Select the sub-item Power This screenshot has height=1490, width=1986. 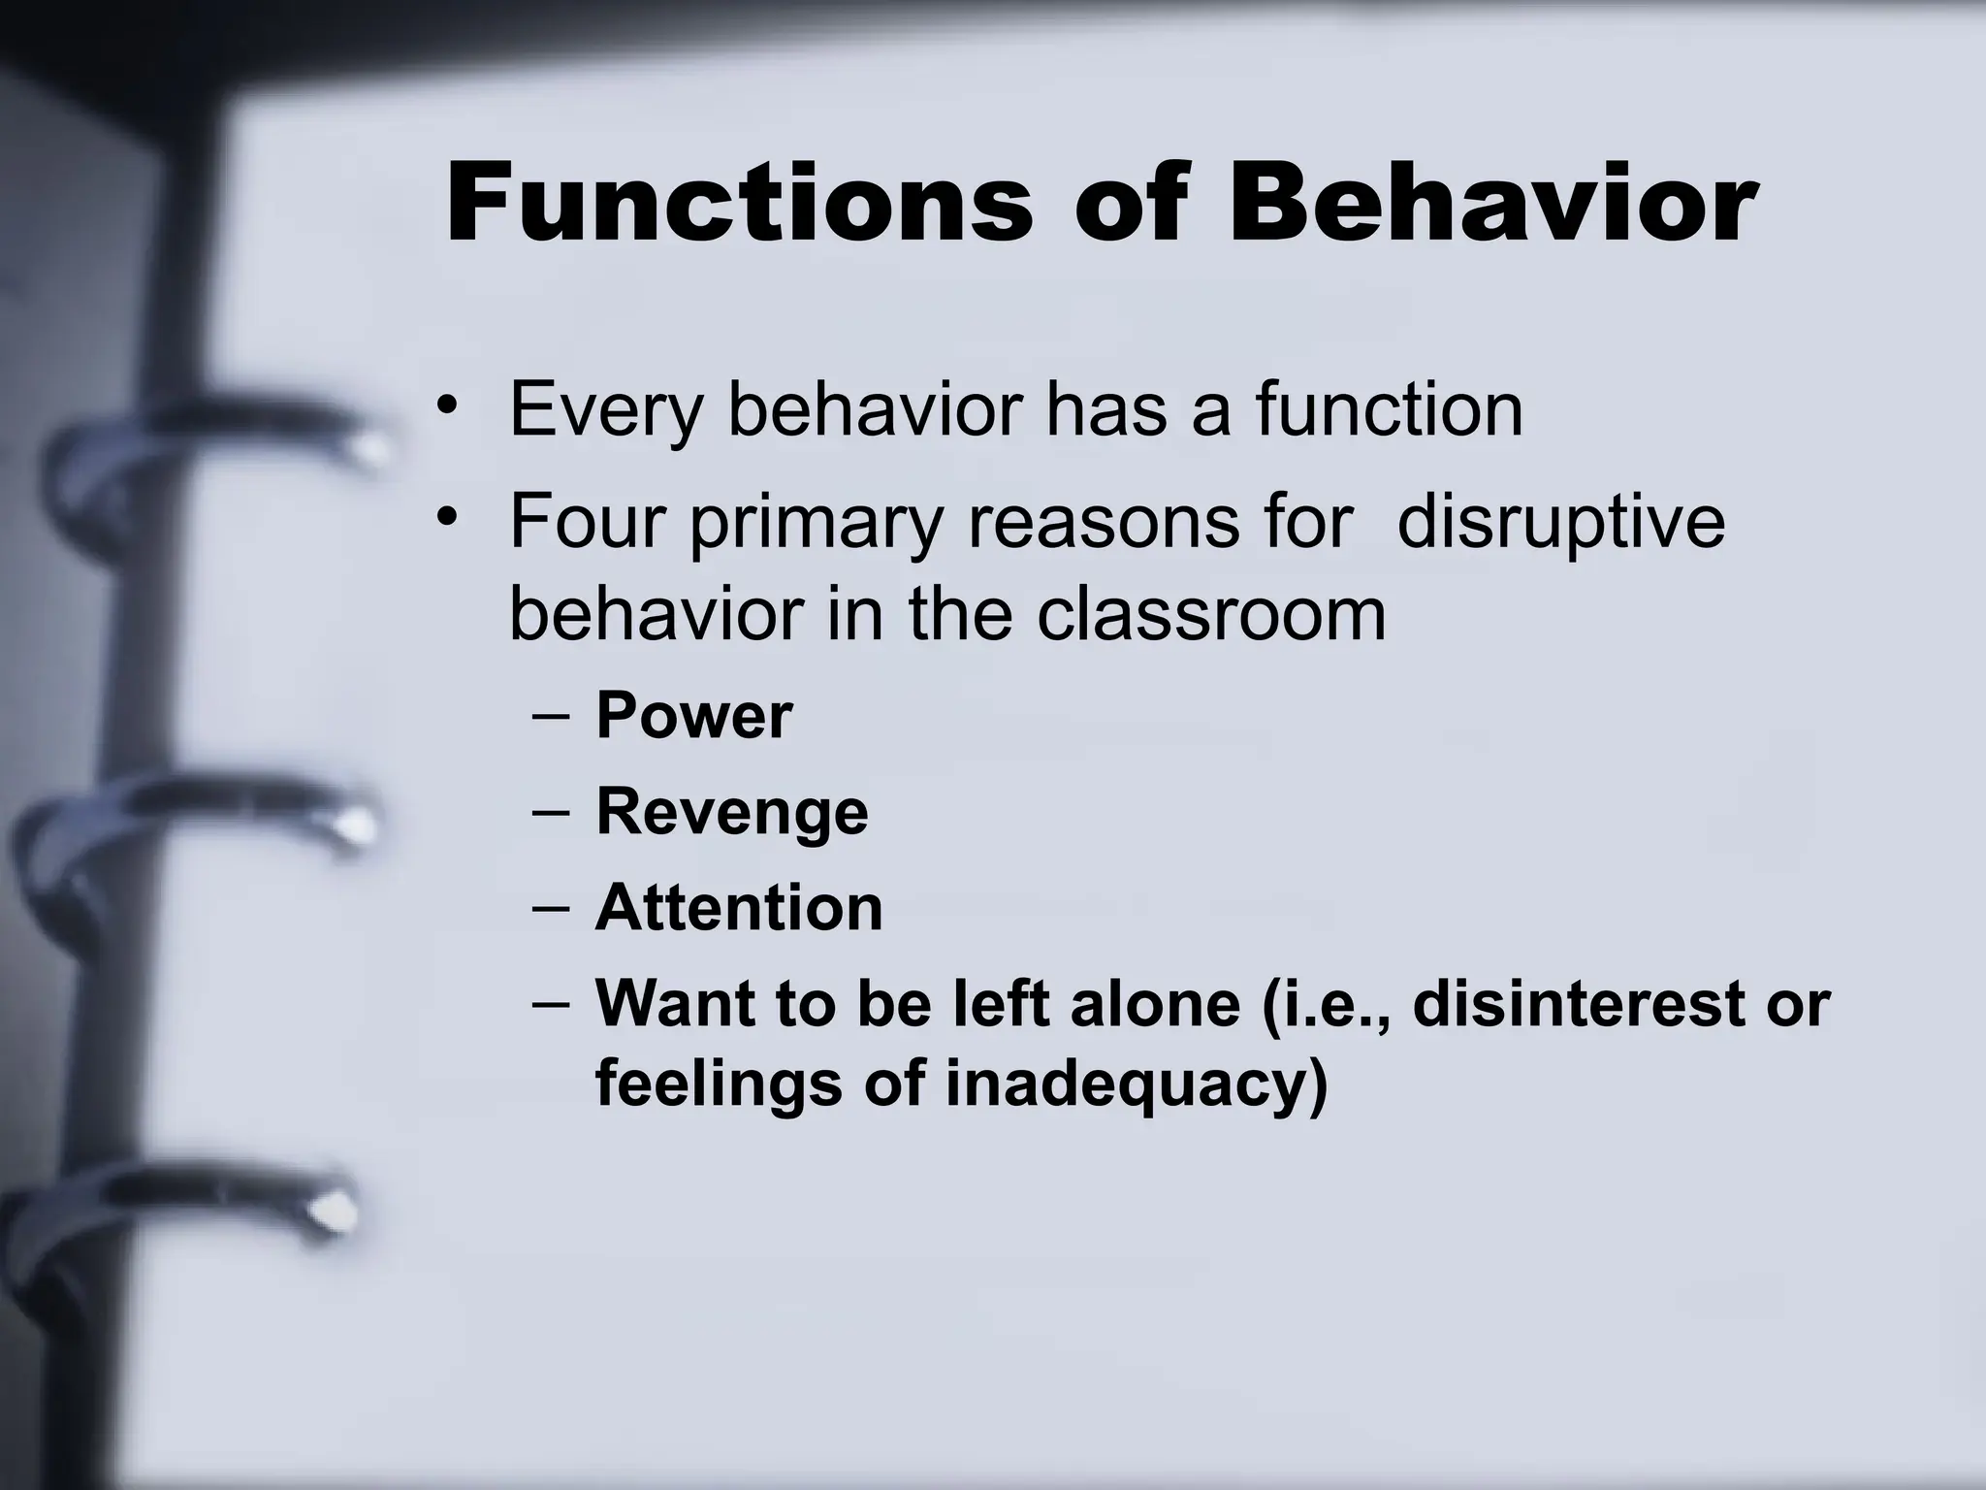click(693, 716)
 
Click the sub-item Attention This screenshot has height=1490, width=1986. click(739, 908)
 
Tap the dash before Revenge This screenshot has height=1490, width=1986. click(552, 813)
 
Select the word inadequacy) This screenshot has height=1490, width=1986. click(1136, 1084)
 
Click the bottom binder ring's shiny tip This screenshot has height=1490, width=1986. click(334, 1209)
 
